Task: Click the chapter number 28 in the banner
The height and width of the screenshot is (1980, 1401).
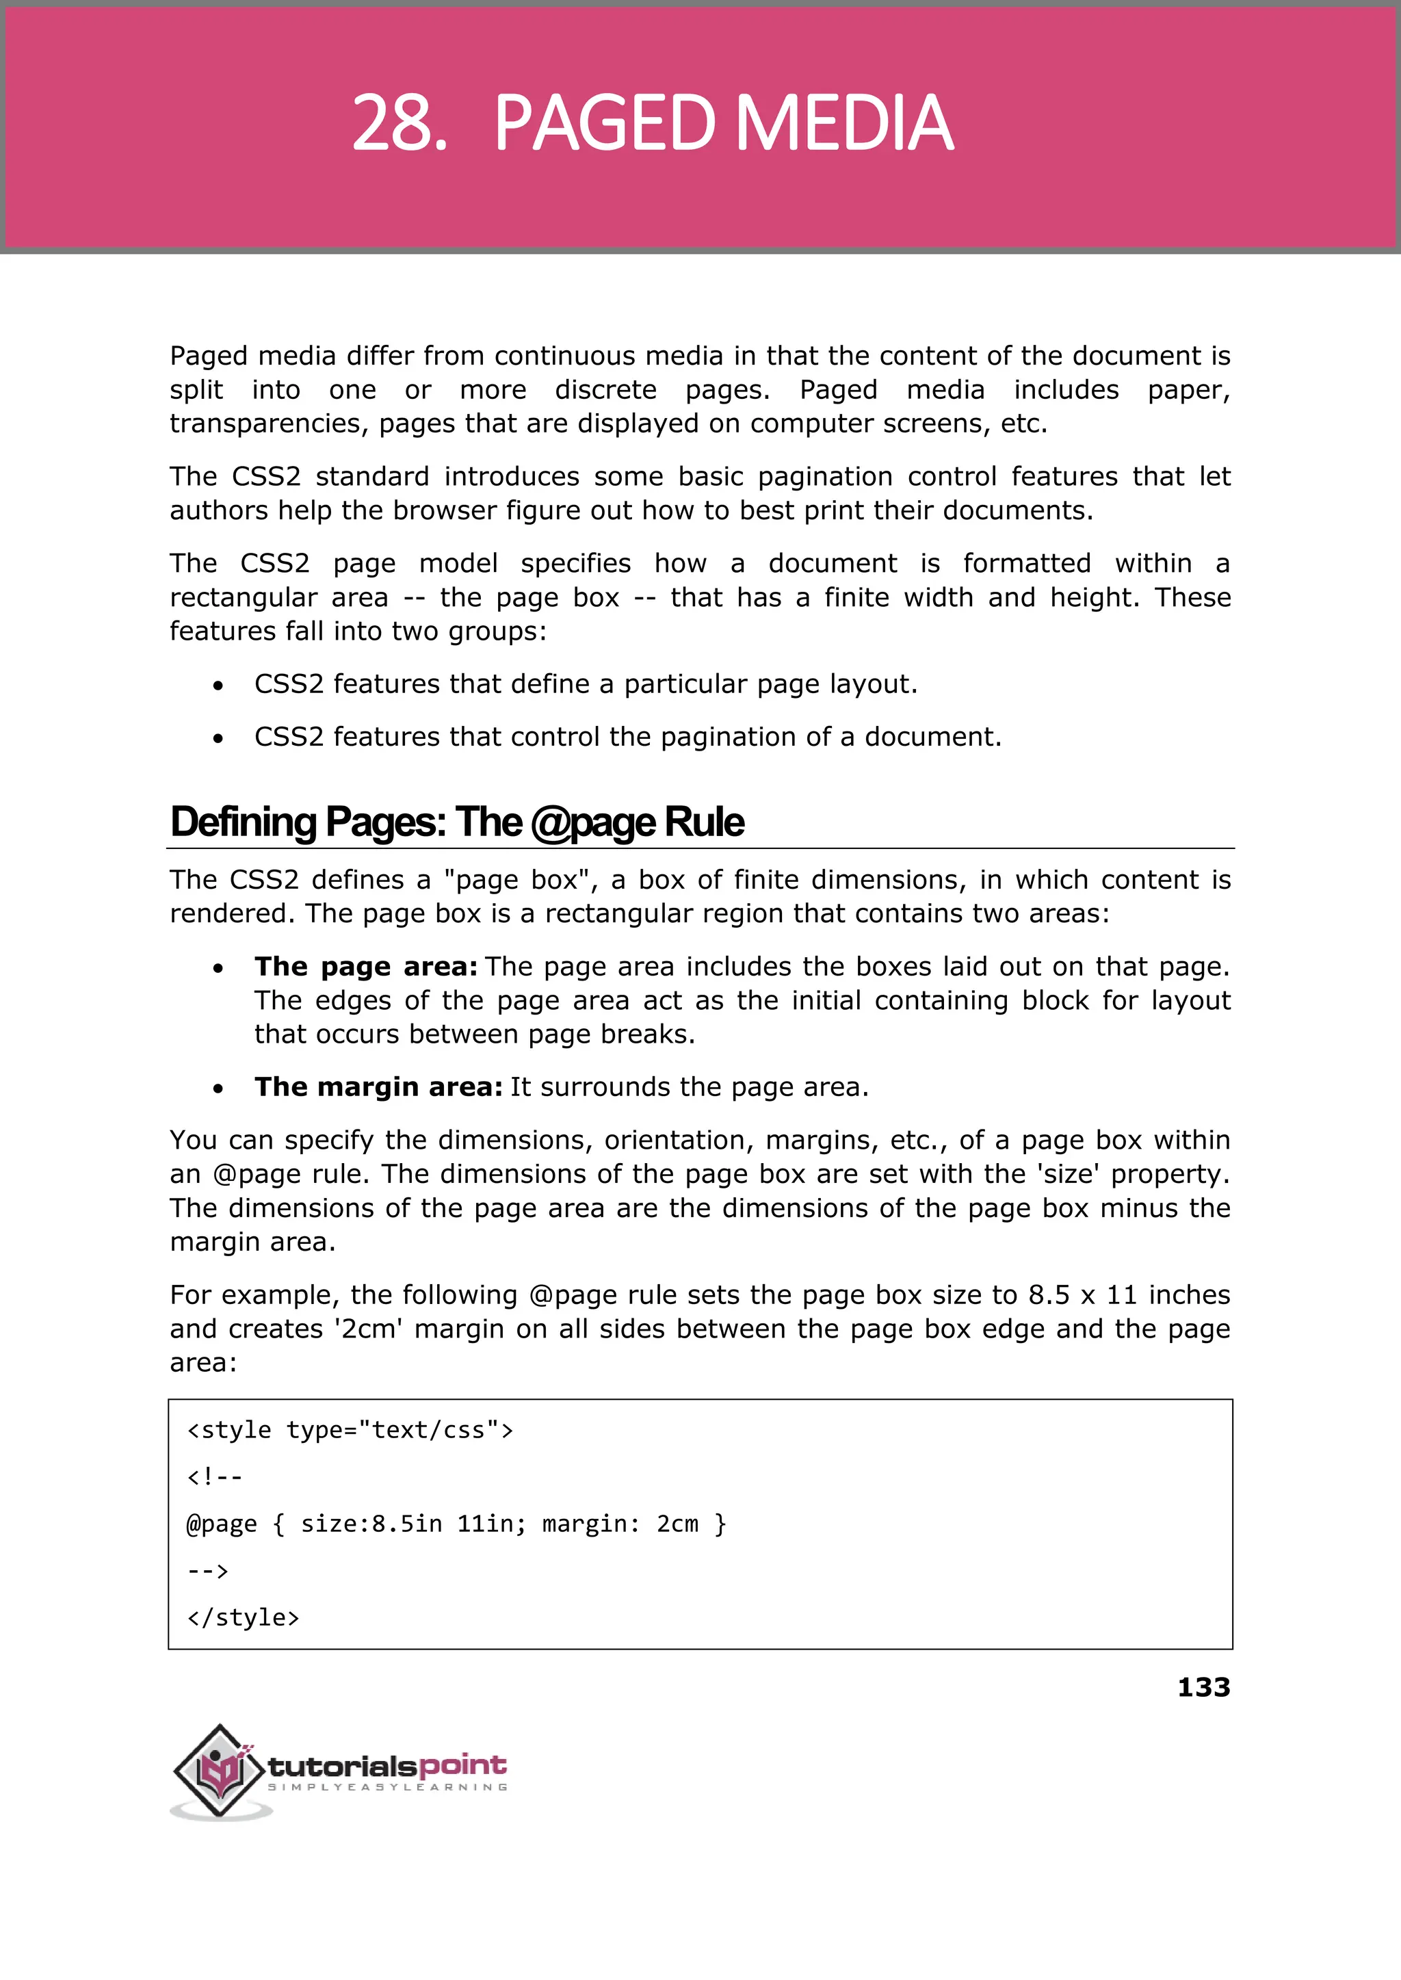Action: click(x=399, y=123)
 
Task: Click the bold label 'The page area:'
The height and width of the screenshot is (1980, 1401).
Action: click(x=366, y=966)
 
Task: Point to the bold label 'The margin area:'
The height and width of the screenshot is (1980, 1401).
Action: click(x=378, y=1087)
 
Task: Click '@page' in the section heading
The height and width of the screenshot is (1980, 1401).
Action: click(x=594, y=822)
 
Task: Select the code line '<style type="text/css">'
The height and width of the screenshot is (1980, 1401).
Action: click(x=350, y=1431)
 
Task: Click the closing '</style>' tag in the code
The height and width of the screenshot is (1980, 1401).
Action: click(x=244, y=1617)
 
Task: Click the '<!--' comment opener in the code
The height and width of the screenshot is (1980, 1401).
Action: click(x=215, y=1477)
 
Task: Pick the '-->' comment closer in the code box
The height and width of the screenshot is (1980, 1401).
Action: click(x=208, y=1571)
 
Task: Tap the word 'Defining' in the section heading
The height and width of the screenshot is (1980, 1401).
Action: click(x=244, y=822)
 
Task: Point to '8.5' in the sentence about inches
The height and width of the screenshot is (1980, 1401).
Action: click(x=1048, y=1295)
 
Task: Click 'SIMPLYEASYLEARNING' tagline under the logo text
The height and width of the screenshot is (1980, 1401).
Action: click(x=387, y=1787)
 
